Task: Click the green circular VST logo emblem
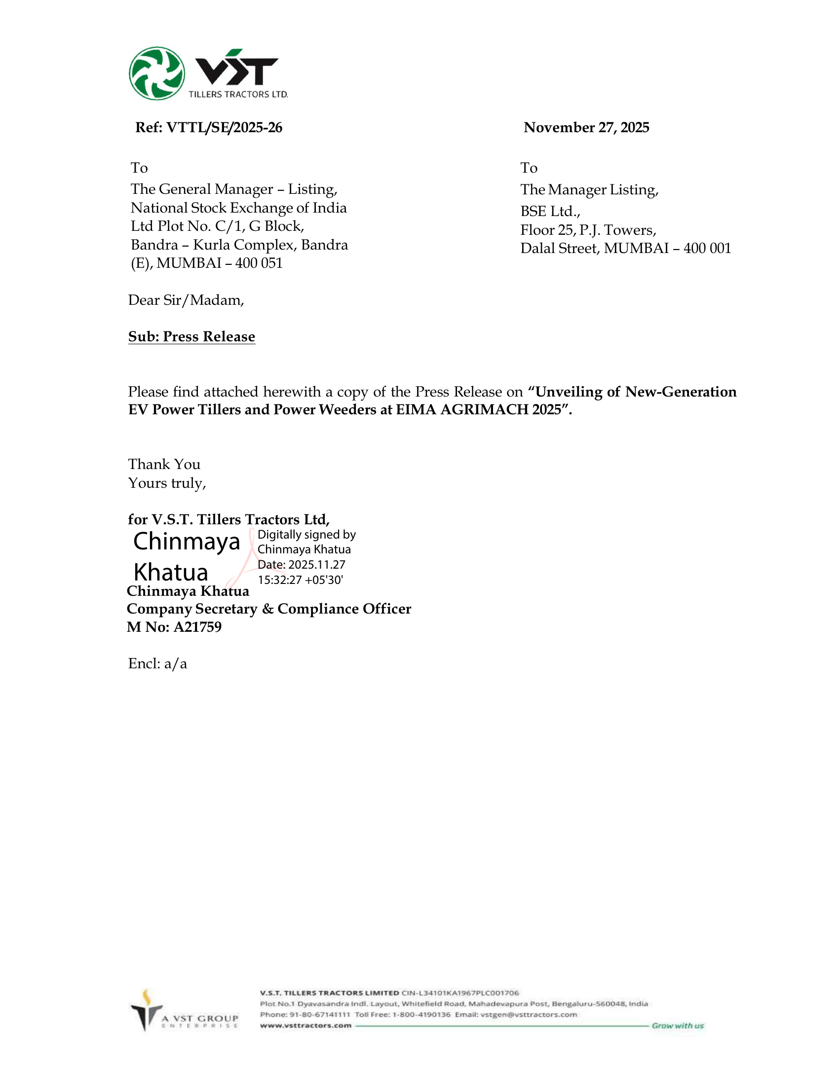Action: [x=156, y=73]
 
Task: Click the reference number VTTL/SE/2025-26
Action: [x=224, y=128]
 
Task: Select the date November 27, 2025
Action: [x=586, y=128]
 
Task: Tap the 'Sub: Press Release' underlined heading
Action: [x=191, y=337]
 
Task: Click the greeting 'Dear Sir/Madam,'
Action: [x=186, y=300]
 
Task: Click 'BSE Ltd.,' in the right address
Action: [x=550, y=212]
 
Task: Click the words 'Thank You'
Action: [x=164, y=465]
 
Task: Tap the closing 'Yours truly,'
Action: [x=167, y=483]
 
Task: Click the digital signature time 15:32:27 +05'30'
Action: [x=300, y=580]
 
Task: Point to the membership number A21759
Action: [x=197, y=627]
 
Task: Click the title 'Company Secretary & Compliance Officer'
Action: [x=269, y=609]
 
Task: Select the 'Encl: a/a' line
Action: [x=157, y=664]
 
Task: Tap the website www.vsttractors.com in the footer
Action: [x=305, y=1026]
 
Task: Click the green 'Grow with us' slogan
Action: [x=678, y=1026]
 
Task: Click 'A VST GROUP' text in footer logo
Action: [x=200, y=1018]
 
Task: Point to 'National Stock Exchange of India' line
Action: [x=238, y=208]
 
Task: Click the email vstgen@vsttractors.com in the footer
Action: [x=529, y=1015]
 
